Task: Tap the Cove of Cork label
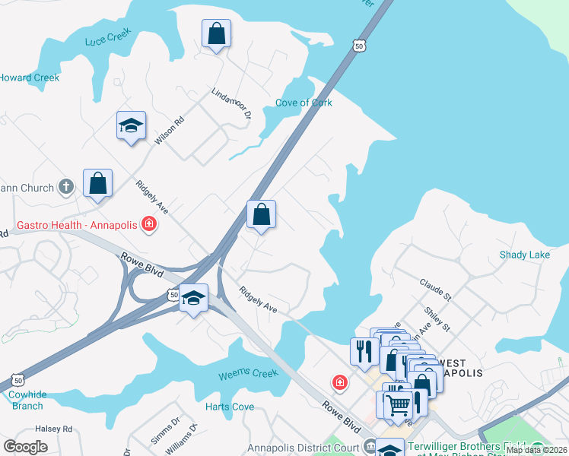304,103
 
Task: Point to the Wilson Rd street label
169,131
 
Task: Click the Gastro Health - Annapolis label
77,224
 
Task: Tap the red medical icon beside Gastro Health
149,223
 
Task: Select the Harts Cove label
230,407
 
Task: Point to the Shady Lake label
524,255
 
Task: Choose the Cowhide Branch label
27,400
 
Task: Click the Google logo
26,447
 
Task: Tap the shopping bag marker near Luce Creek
216,33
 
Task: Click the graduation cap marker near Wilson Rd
131,125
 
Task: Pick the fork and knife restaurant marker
364,351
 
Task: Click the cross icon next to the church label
66,187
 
